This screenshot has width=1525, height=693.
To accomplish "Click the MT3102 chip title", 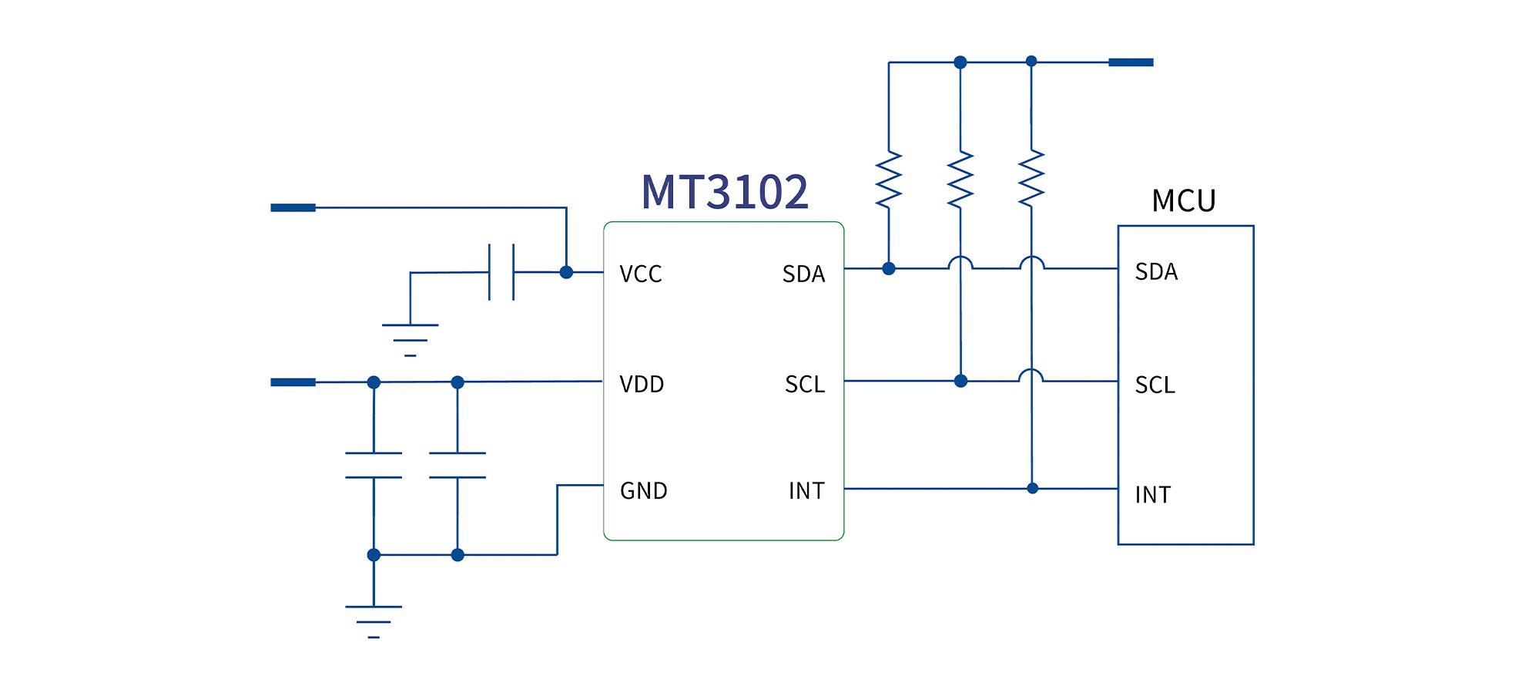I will [x=725, y=192].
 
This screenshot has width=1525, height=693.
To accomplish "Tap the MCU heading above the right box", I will [x=1184, y=201].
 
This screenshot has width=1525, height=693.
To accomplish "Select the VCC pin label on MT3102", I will [x=641, y=274].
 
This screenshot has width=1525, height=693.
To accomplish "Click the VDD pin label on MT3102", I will [x=642, y=384].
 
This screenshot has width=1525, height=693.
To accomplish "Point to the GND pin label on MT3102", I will [x=644, y=491].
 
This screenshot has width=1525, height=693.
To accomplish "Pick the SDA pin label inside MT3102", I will [x=803, y=274].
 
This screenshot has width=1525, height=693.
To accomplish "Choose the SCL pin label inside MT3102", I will [x=805, y=384].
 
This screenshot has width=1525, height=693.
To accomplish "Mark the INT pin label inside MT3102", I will [x=806, y=491].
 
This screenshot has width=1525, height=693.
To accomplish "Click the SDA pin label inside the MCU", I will [x=1156, y=272].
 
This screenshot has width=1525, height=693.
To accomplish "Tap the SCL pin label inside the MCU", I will [x=1155, y=385].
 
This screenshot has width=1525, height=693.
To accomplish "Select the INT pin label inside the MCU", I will [x=1153, y=495].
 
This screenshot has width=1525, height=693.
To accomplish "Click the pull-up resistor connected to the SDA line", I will [x=889, y=180].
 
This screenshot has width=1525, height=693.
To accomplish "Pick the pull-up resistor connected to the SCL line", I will [x=960, y=180].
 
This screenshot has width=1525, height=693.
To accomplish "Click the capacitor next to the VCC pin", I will [x=501, y=272].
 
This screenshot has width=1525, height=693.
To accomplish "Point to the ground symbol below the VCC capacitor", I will [x=411, y=340].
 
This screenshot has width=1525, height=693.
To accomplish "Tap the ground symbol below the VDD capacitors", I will [x=374, y=621].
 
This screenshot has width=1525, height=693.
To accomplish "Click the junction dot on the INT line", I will [x=1033, y=489].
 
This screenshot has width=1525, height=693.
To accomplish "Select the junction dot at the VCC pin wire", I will [x=566, y=272].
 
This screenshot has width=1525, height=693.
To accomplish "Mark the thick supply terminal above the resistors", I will [x=1131, y=62].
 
